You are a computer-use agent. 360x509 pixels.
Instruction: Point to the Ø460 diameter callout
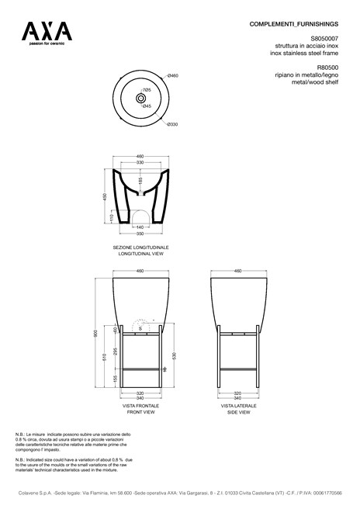pyautogui.click(x=173, y=75)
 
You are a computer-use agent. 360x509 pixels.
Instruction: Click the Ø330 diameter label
pyautogui.click(x=172, y=124)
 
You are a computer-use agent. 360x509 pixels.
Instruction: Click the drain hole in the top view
pyautogui.click(x=141, y=99)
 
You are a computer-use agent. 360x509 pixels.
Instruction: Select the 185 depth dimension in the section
pyautogui.click(x=140, y=182)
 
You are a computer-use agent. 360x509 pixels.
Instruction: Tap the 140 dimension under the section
pyautogui.click(x=140, y=227)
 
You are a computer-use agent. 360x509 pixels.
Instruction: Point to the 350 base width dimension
pyautogui.click(x=140, y=234)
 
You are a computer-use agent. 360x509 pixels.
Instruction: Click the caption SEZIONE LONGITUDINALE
pyautogui.click(x=140, y=247)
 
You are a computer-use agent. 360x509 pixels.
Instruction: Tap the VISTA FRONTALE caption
pyautogui.click(x=140, y=406)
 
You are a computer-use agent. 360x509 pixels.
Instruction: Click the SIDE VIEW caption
pyautogui.click(x=237, y=412)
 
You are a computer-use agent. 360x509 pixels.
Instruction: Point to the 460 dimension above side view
pyautogui.click(x=237, y=271)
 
